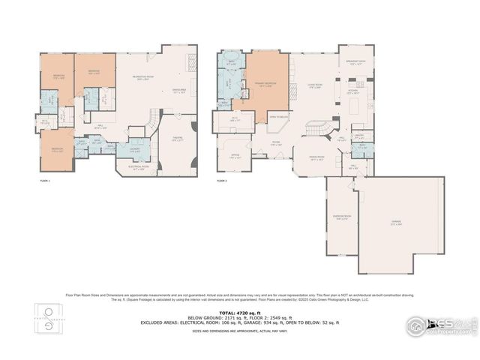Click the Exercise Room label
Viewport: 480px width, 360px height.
[340, 217]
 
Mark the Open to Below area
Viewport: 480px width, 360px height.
[278, 117]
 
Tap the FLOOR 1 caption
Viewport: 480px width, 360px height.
[46, 181]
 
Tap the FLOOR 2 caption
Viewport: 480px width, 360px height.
[222, 181]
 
